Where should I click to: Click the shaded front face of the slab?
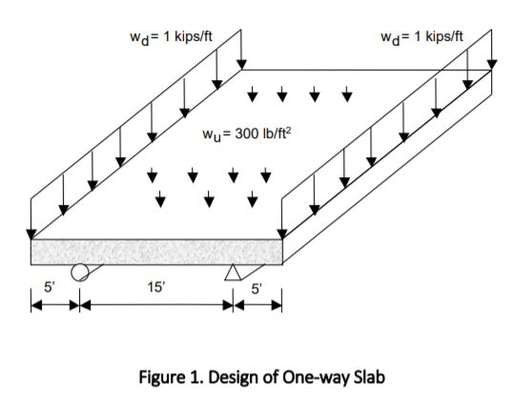[x=157, y=252]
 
